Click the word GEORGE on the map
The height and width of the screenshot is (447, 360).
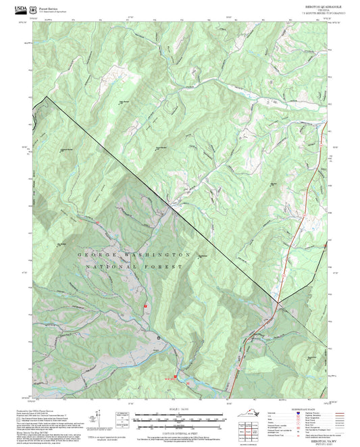(98, 255)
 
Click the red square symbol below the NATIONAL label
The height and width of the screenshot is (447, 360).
(146, 306)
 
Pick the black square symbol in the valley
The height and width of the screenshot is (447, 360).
(159, 336)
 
